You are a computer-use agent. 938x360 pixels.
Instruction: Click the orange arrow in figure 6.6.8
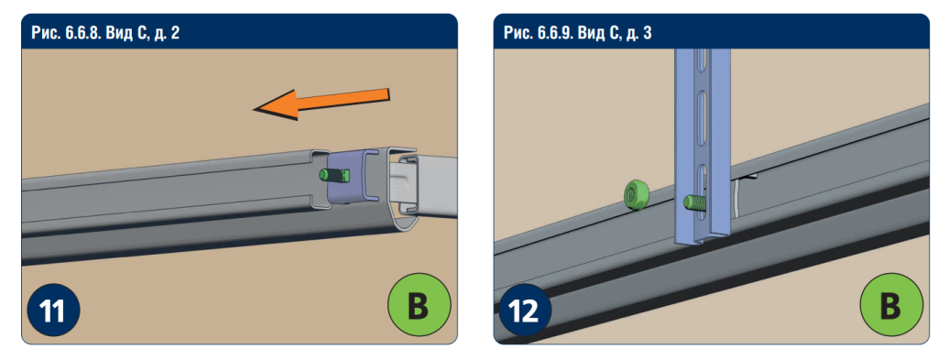point(322,104)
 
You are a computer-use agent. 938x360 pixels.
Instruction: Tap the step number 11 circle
point(53,311)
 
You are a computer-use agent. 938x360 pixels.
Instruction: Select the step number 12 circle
point(526,311)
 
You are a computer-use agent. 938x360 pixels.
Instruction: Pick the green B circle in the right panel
point(890,304)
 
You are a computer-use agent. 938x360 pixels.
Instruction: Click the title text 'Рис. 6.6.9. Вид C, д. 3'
point(578,33)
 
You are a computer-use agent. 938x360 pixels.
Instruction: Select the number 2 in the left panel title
point(175,33)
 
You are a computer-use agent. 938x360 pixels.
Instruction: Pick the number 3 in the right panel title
point(648,33)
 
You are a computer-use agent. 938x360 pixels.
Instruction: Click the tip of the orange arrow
point(255,109)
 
